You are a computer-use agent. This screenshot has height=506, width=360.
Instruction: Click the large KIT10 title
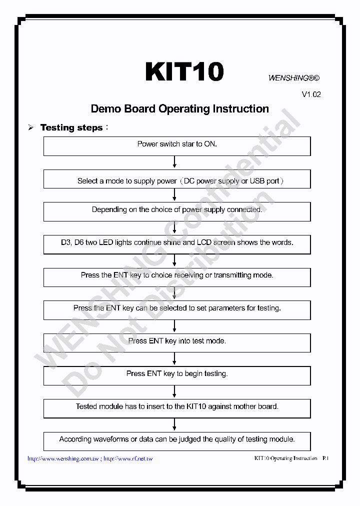[184, 72]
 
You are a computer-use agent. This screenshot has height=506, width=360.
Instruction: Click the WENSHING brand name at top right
[288, 78]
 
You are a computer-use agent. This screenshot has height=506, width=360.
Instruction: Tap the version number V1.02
[311, 94]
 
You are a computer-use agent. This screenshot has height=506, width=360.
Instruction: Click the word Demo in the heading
[106, 109]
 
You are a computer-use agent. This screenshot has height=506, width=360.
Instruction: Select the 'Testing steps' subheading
[71, 127]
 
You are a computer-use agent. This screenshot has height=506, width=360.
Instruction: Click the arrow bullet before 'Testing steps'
[30, 128]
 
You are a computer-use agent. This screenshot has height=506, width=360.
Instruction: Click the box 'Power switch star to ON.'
[177, 146]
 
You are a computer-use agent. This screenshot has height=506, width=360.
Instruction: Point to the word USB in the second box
[258, 181]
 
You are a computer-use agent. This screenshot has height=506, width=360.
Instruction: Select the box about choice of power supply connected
[177, 211]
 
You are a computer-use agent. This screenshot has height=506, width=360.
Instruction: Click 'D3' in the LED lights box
[66, 242]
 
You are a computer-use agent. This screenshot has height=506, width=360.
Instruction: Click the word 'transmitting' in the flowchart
[234, 275]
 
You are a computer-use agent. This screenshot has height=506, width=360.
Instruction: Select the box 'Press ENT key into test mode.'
[177, 342]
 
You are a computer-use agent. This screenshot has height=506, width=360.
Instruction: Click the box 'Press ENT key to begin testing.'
[177, 375]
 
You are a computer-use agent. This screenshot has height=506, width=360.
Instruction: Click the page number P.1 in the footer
[325, 458]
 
